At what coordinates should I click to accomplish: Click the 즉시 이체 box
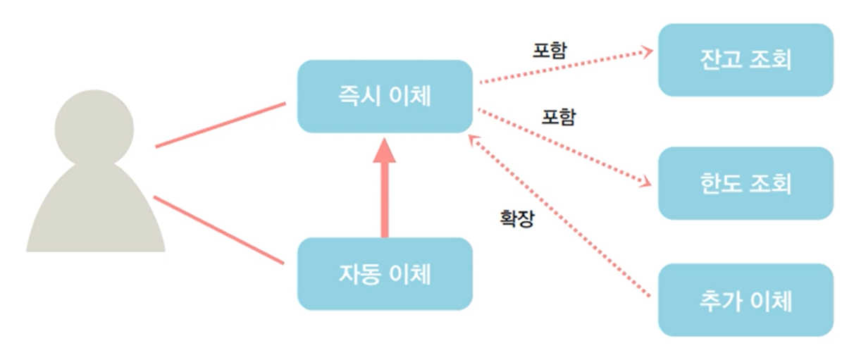[x=384, y=97]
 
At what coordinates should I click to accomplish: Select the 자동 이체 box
[x=384, y=274]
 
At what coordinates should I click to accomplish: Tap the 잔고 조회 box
[x=745, y=60]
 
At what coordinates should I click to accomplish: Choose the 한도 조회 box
[x=745, y=183]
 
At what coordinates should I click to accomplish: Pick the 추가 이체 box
[x=745, y=300]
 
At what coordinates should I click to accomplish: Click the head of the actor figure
[x=94, y=128]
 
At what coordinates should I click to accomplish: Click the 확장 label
[x=516, y=218]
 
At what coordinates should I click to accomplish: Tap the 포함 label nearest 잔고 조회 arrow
[x=550, y=50]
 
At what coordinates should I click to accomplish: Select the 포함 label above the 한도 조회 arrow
[x=558, y=116]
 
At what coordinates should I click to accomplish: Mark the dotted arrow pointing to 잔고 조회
[x=564, y=67]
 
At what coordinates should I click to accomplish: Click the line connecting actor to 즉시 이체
[x=220, y=125]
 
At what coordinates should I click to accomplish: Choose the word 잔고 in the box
[x=719, y=60]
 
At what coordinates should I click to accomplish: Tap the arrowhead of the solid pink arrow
[x=384, y=151]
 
